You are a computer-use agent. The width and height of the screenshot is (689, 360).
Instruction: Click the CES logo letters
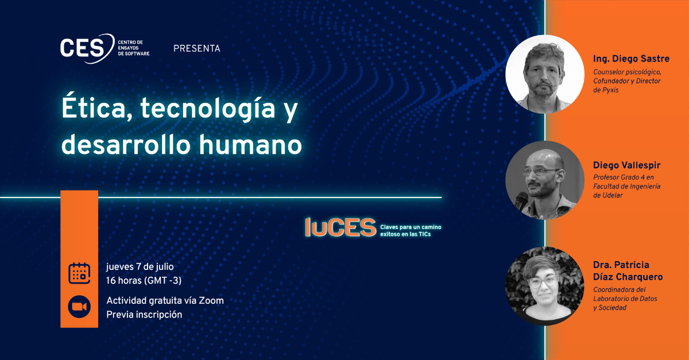[x=83, y=48]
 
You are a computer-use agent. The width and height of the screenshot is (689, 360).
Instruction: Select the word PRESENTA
[x=197, y=49]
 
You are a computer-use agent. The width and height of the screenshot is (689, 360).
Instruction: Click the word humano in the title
[x=250, y=145]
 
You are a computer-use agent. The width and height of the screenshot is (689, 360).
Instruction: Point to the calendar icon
[x=79, y=273]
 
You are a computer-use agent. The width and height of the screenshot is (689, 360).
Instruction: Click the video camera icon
[x=79, y=307]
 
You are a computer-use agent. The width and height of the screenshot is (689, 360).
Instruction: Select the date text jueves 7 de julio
[x=140, y=267]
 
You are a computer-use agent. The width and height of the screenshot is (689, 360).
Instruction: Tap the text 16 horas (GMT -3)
[x=144, y=281]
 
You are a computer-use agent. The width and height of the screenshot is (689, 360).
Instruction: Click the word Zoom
[x=211, y=301]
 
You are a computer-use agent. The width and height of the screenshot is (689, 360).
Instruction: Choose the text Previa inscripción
[x=144, y=315]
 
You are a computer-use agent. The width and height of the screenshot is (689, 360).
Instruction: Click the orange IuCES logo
[x=340, y=228]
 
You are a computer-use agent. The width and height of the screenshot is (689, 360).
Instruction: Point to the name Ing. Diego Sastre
[x=631, y=59]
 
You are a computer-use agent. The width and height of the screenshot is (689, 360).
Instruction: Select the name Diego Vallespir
[x=626, y=165]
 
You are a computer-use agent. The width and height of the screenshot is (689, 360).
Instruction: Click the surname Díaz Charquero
[x=628, y=277]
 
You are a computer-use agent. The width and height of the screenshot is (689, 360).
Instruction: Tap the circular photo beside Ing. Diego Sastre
[x=545, y=74]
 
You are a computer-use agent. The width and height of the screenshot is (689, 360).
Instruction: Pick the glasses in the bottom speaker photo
[x=543, y=282]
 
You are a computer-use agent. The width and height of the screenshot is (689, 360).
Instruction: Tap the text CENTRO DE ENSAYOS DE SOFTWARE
[x=133, y=48]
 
